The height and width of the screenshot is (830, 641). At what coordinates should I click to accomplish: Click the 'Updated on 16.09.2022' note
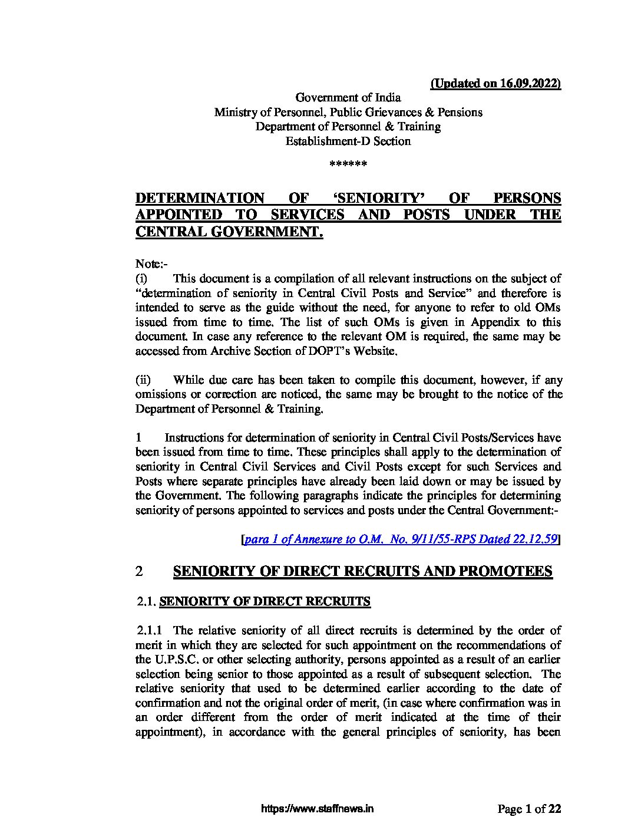point(496,83)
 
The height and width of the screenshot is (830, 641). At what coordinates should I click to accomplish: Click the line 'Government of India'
point(348,98)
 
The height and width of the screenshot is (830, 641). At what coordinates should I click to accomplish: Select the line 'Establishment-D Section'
point(348,141)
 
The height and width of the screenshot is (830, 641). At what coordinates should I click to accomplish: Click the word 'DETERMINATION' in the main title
point(200,198)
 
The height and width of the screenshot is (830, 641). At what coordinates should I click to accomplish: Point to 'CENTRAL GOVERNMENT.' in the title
point(229,232)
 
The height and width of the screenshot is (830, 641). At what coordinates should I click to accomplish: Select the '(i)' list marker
point(141,278)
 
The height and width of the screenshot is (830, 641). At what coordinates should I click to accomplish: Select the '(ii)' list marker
point(143,380)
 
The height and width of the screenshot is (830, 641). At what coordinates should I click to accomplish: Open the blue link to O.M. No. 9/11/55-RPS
point(401,539)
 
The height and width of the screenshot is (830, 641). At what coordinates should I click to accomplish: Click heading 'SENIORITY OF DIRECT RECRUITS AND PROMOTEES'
point(362,571)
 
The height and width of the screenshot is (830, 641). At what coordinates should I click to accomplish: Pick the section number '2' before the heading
point(139,571)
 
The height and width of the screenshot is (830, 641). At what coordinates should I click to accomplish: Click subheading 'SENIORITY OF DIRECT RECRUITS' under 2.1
point(265,602)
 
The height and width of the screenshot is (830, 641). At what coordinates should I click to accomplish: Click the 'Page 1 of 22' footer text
point(529,809)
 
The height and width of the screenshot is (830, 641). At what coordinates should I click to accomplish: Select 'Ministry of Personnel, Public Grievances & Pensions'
point(348,113)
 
